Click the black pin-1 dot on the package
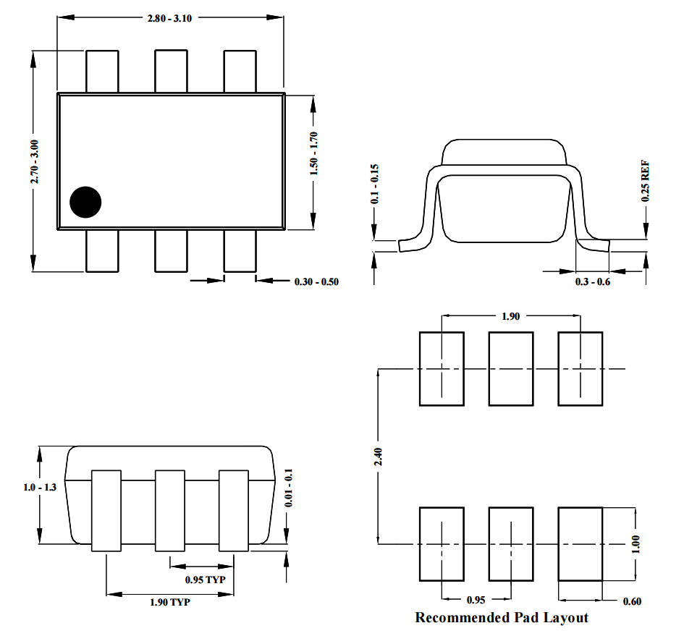pyautogui.click(x=86, y=202)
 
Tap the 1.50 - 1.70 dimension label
pyautogui.click(x=313, y=153)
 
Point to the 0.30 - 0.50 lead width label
pyautogui.click(x=316, y=281)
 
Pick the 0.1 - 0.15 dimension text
pyautogui.click(x=375, y=185)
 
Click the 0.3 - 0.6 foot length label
pyautogui.click(x=593, y=281)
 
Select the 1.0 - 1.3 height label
pyautogui.click(x=39, y=488)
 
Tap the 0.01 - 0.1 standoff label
pyautogui.click(x=288, y=491)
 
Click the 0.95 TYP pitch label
pyautogui.click(x=205, y=580)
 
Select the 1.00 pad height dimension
pyautogui.click(x=636, y=543)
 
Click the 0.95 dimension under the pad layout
pyautogui.click(x=475, y=601)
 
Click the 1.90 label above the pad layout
pyautogui.click(x=510, y=316)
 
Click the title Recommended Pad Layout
pyautogui.click(x=502, y=618)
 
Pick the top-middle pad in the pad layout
pyautogui.click(x=511, y=368)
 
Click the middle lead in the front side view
pyautogui.click(x=171, y=510)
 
